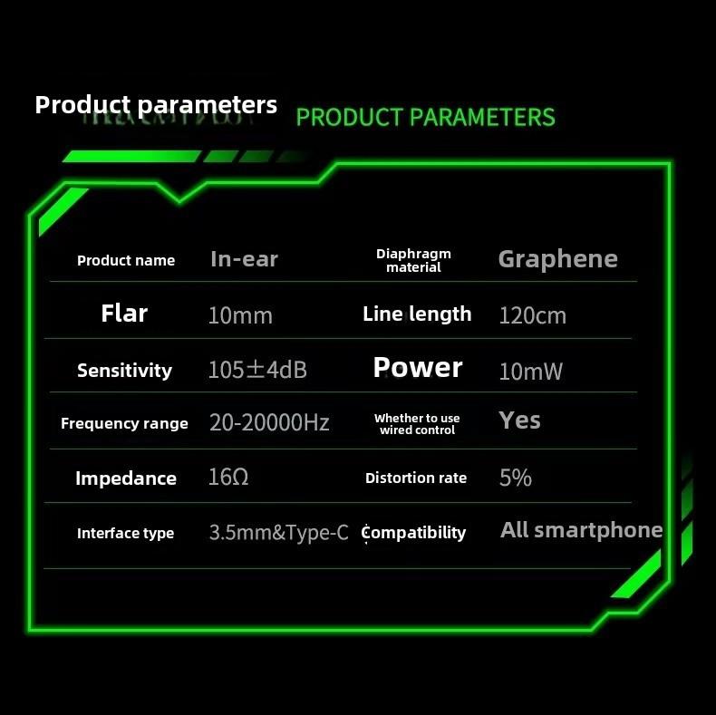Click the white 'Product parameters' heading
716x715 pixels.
coord(156,105)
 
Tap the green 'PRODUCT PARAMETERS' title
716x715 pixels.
coord(426,117)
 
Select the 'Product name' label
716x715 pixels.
coord(126,261)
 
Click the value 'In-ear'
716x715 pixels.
coord(245,259)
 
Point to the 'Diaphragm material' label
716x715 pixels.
coord(413,260)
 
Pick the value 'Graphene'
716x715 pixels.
coord(558,260)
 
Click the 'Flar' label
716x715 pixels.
coord(124,314)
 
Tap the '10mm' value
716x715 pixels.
coord(240,315)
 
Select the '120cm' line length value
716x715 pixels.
coord(532,315)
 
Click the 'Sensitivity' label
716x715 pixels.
coord(125,371)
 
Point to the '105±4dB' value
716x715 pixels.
coord(257,370)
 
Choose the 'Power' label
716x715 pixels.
coord(418,368)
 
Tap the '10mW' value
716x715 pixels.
coord(530,372)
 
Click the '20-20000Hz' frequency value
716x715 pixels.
coord(269,422)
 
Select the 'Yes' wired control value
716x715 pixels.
coord(519,420)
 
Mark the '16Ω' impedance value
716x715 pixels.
coord(228,478)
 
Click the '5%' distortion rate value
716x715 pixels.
coord(516,478)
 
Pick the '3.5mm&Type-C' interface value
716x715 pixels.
coord(278,532)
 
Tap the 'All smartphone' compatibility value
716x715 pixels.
coord(581,530)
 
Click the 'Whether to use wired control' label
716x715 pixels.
coord(417,424)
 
